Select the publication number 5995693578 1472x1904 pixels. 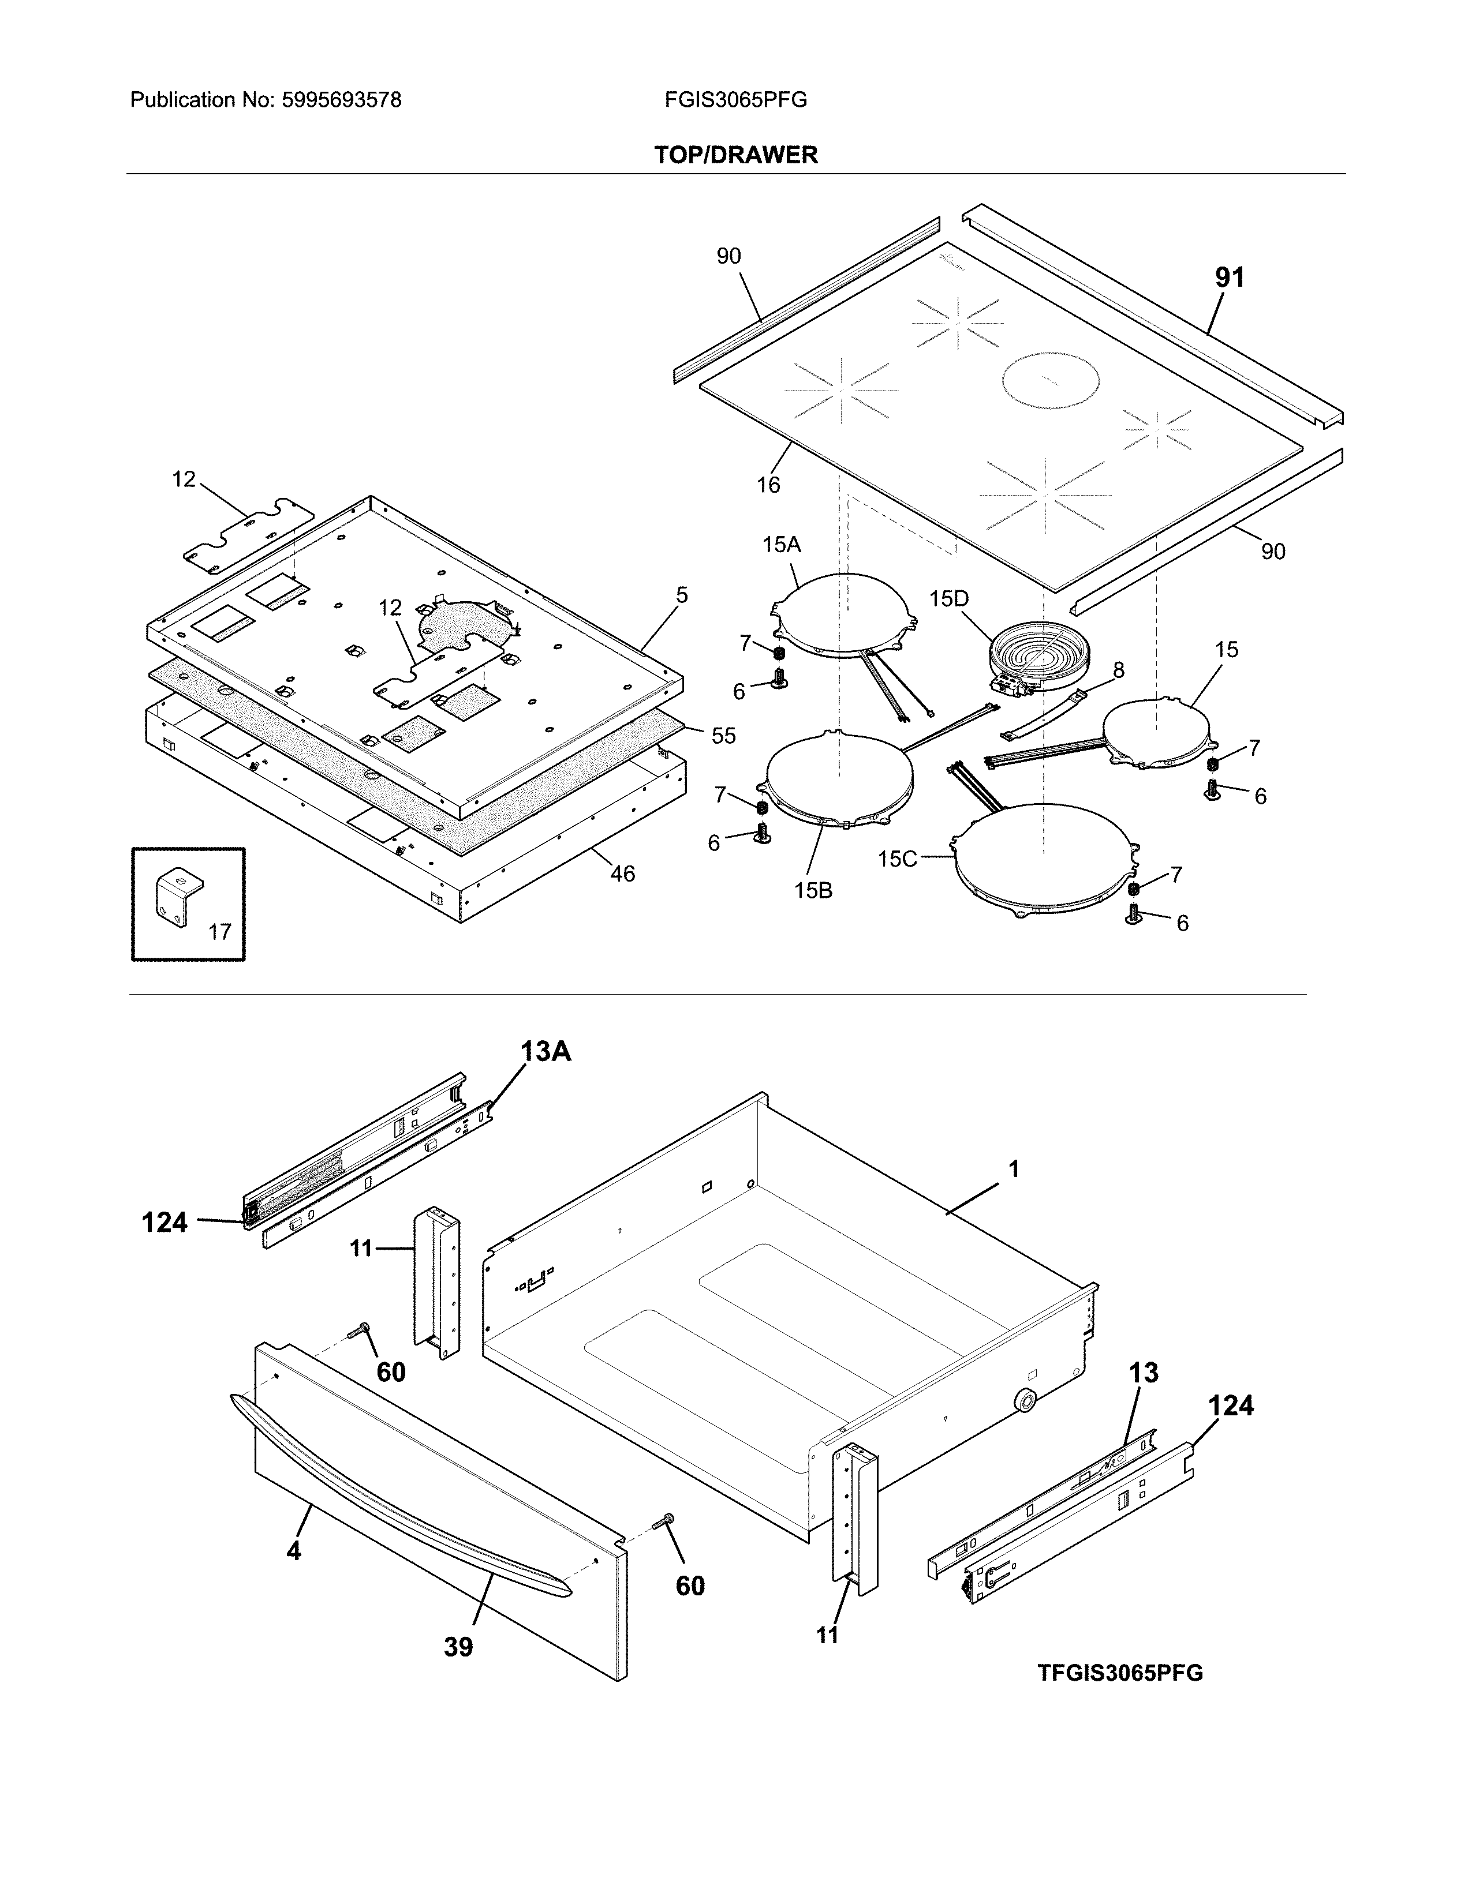341,100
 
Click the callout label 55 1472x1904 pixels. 723,735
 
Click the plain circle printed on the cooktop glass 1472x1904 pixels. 1050,381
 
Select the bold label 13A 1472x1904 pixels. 546,1051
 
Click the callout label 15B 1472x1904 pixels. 813,890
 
